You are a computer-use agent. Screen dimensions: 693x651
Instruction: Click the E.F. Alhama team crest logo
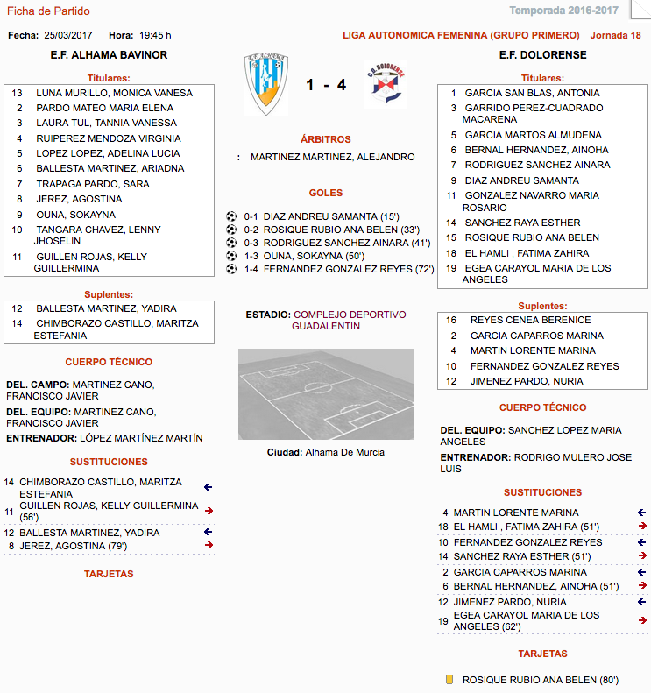[x=265, y=84]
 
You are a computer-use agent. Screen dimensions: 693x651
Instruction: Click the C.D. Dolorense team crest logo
[x=386, y=85]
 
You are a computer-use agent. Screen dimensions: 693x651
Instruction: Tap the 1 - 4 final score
[x=325, y=86]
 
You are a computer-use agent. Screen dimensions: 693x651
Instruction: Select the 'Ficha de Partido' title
[x=48, y=11]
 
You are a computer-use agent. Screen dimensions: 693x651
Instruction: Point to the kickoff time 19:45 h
[x=155, y=35]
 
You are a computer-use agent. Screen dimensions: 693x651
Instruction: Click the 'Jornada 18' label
[x=616, y=35]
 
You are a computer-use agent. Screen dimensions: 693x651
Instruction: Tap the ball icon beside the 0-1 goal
[x=231, y=216]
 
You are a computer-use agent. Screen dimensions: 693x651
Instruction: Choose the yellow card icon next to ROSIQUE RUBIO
[x=449, y=679]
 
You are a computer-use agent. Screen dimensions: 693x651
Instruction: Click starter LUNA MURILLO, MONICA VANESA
[x=114, y=93]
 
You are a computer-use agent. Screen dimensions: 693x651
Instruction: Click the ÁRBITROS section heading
[x=325, y=139]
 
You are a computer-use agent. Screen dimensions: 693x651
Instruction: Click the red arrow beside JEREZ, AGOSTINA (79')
[x=209, y=545]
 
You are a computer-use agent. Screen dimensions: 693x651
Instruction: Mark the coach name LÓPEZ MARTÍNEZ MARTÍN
[x=141, y=438]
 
